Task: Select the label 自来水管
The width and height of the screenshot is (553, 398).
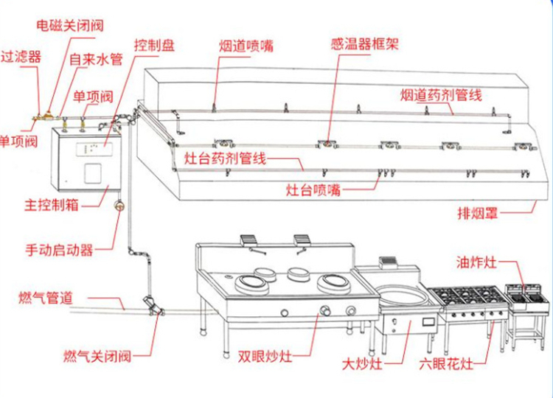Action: (x=96, y=58)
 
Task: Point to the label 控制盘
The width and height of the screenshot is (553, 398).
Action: (x=154, y=45)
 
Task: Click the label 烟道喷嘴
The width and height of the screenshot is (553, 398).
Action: (x=246, y=45)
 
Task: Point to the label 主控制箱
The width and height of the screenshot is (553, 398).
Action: (x=52, y=204)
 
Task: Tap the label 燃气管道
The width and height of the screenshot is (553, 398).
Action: (x=46, y=298)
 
